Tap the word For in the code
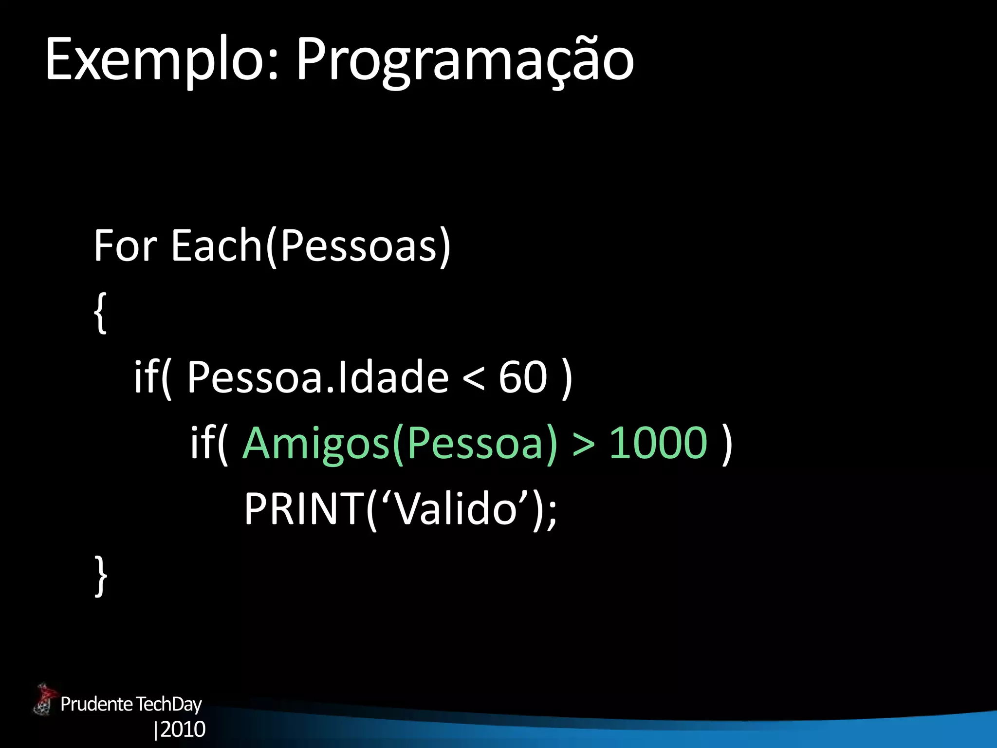[x=126, y=245]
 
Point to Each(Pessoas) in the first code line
[x=311, y=245]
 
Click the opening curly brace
[x=100, y=313]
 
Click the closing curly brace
[x=100, y=576]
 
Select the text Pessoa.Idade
[x=317, y=377]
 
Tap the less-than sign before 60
[x=473, y=378]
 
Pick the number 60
[x=523, y=377]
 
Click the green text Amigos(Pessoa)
[x=399, y=443]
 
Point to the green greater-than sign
[x=583, y=444]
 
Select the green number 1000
[x=658, y=443]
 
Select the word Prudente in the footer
[x=96, y=704]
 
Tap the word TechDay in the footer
[x=168, y=704]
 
